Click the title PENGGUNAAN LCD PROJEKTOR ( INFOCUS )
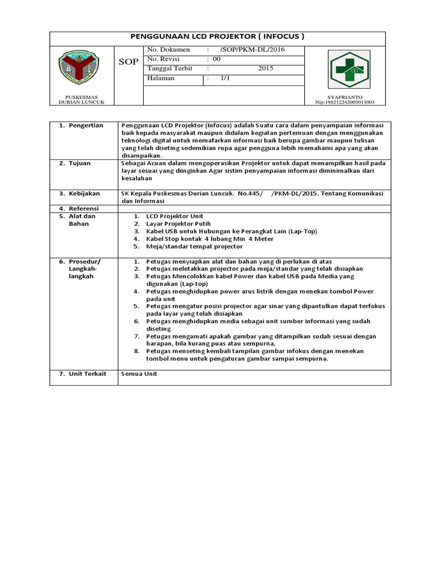[217, 37]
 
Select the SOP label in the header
[129, 62]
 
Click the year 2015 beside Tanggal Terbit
[265, 68]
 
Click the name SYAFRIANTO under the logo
[344, 97]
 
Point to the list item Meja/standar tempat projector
[194, 247]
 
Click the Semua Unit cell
[139, 374]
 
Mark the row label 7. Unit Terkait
[83, 374]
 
